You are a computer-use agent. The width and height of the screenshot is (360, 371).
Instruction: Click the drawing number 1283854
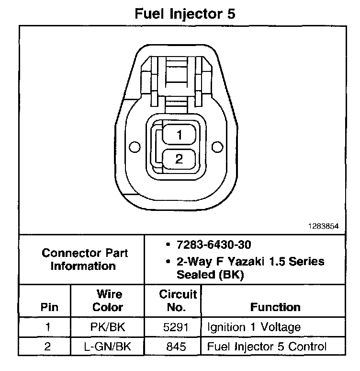tap(326, 226)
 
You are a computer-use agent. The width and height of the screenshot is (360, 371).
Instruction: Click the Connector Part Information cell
tap(84, 259)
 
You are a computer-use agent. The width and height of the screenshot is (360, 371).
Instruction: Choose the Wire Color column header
tap(107, 301)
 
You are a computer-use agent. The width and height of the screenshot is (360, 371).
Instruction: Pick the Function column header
tap(275, 307)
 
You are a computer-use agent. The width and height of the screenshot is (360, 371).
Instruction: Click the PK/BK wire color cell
tap(107, 328)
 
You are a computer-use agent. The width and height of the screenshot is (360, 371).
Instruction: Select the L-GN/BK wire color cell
tap(107, 347)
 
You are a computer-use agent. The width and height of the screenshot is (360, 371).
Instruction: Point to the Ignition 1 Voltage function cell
tap(254, 328)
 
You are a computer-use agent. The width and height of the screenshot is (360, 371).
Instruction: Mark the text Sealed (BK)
tap(211, 275)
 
